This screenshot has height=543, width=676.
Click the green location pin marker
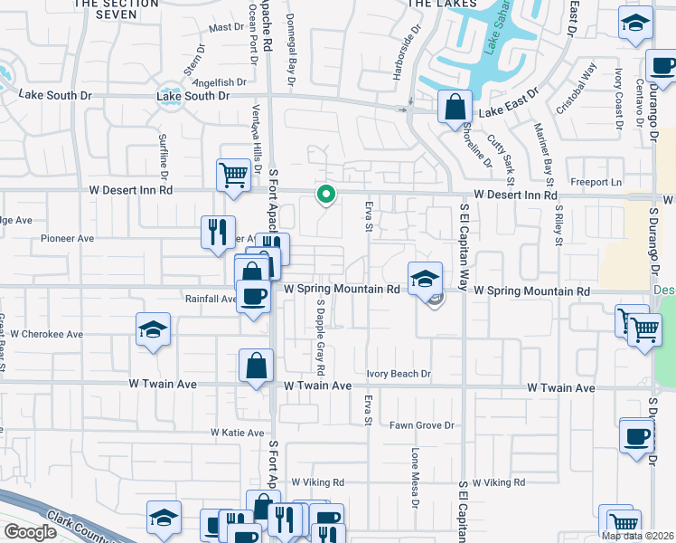(326, 194)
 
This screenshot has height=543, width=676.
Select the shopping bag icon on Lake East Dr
(453, 106)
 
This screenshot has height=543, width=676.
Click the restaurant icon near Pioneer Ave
(218, 232)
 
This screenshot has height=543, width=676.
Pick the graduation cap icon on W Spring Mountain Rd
(423, 279)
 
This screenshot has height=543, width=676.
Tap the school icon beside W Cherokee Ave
(153, 330)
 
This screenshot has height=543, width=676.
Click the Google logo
(29, 532)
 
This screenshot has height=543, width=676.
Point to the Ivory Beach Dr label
(399, 374)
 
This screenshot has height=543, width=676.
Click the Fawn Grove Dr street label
(422, 425)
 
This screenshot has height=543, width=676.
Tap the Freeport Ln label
(604, 182)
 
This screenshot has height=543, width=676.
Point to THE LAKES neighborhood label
(443, 5)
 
